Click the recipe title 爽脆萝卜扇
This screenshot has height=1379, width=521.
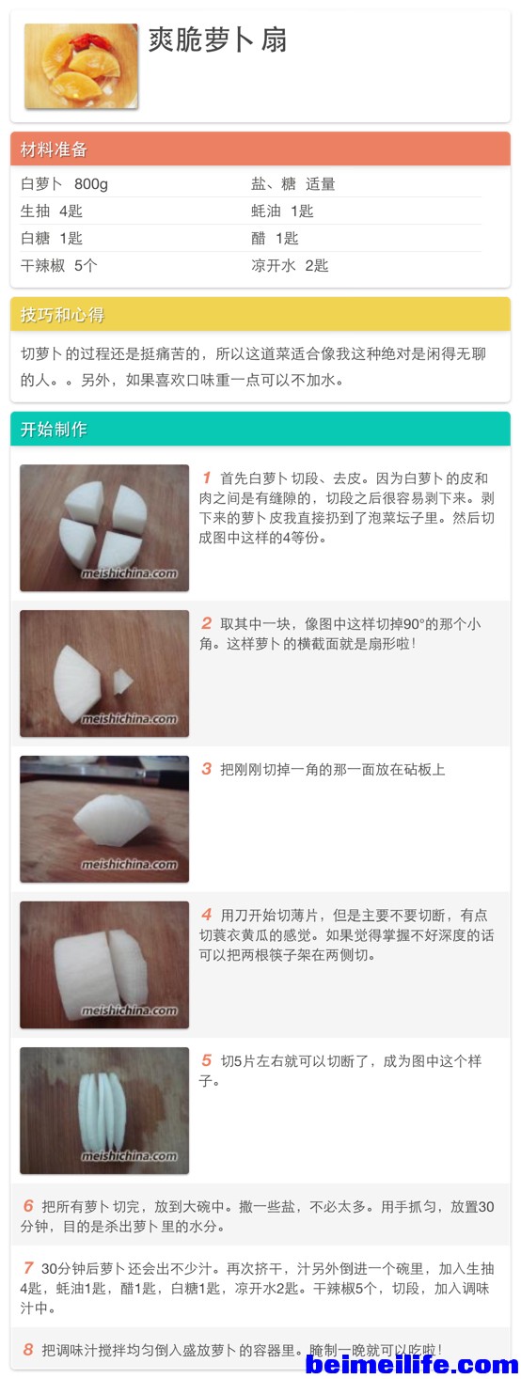coord(217,40)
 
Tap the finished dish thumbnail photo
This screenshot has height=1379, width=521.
coord(81,66)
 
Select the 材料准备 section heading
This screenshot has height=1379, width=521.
coord(54,149)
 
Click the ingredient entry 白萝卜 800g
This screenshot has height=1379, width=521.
coord(64,183)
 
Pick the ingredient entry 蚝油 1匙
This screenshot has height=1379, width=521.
coord(282,212)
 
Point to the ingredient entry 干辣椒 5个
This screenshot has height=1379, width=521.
coord(58,265)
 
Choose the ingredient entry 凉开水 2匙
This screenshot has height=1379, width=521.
coord(290,265)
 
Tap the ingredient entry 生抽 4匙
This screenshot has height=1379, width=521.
coord(51,212)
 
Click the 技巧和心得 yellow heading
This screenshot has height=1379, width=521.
coord(62,315)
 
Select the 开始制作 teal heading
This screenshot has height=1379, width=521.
coord(54,429)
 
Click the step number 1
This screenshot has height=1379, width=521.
coord(206,478)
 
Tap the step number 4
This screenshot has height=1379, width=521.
coord(206,915)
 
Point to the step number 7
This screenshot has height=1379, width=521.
coord(27,1268)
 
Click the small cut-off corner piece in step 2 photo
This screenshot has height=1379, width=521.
coord(122,681)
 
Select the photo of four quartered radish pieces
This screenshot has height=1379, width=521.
coord(104,527)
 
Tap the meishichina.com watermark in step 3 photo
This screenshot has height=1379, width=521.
coord(130,864)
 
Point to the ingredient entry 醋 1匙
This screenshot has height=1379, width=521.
coord(275,238)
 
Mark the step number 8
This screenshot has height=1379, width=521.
coord(27,1350)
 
